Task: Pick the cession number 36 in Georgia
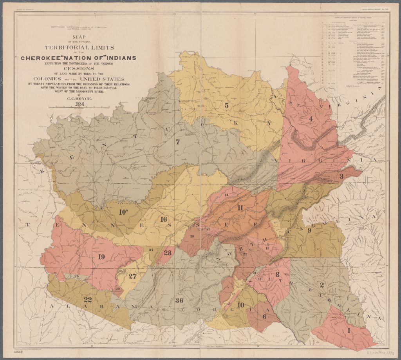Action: (x=179, y=300)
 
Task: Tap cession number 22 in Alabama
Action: (x=88, y=300)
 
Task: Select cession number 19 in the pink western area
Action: (x=101, y=257)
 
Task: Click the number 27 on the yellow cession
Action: (x=132, y=276)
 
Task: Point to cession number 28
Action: (x=168, y=253)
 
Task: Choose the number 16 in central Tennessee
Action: (x=164, y=219)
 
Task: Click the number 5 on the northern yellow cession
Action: (x=226, y=105)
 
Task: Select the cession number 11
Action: (x=240, y=208)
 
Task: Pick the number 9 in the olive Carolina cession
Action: (x=309, y=230)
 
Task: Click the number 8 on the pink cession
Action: (x=277, y=275)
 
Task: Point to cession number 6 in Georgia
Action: (x=265, y=316)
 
